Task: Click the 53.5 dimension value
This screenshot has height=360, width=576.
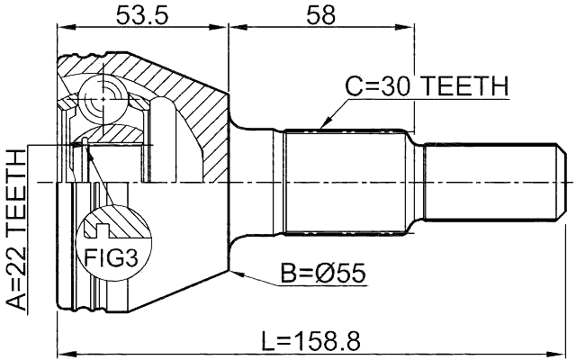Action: tap(142, 15)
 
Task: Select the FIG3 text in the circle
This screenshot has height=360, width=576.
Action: tap(112, 260)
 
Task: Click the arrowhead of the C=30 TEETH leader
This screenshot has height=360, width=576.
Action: tap(321, 127)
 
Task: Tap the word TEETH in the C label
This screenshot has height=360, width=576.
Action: tap(463, 87)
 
